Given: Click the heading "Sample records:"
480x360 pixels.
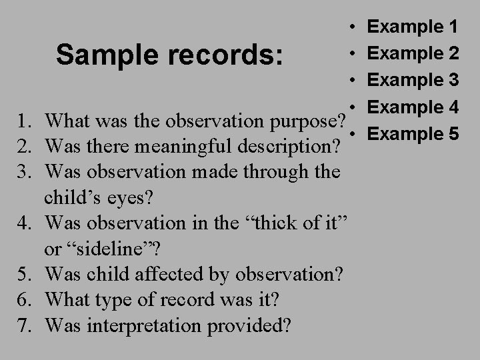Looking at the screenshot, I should tap(169, 56).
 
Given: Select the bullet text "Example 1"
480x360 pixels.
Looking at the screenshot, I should tap(413, 27).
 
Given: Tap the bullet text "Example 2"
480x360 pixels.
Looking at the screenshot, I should tap(413, 53).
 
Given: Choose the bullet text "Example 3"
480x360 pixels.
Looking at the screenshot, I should tap(413, 80).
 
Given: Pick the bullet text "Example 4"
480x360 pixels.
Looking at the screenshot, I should tap(413, 107).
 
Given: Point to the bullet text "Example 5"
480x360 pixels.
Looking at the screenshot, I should tap(413, 133).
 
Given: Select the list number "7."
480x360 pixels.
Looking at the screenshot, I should tap(26, 326).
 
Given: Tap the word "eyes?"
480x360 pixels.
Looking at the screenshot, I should tap(151, 198).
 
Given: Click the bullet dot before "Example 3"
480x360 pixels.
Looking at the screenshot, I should tap(351, 80).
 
